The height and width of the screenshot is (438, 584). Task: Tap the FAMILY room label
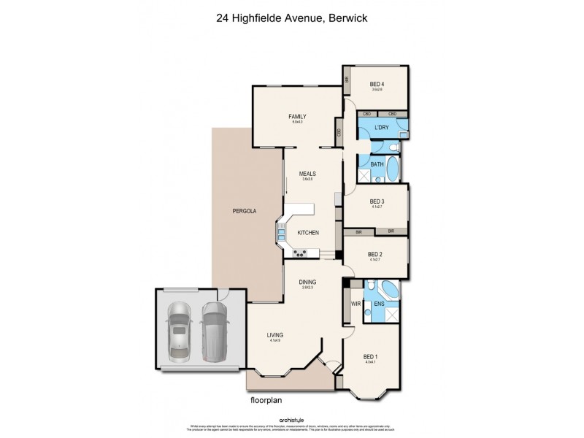(x=296, y=116)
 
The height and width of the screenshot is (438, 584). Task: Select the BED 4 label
(x=376, y=84)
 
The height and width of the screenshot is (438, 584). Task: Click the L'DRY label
(x=380, y=128)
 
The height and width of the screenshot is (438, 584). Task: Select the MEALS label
(x=307, y=174)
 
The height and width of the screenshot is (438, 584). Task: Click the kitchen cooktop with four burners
(x=299, y=254)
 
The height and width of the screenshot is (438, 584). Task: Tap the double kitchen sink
(x=281, y=234)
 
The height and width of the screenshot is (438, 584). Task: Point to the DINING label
(x=307, y=282)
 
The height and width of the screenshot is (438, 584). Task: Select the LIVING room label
(x=274, y=336)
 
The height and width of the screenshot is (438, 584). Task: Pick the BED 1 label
(x=370, y=357)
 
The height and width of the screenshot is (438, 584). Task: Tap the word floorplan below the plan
(x=266, y=401)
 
